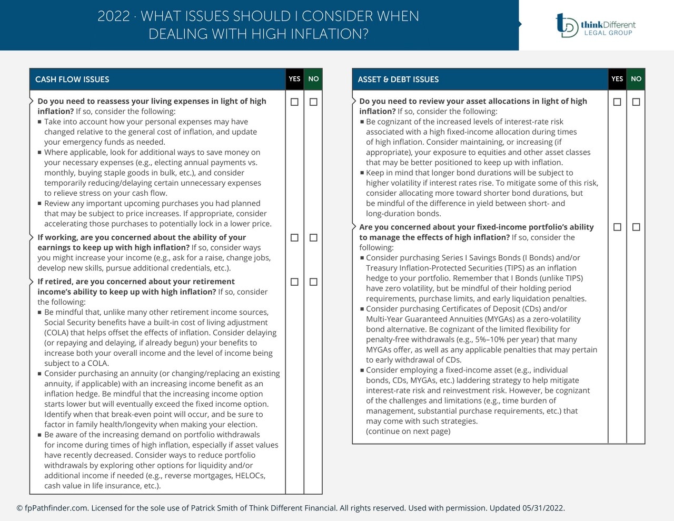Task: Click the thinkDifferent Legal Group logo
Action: pyautogui.click(x=596, y=25)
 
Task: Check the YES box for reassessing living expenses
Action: pyautogui.click(x=294, y=102)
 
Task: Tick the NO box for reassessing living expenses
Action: pyautogui.click(x=313, y=102)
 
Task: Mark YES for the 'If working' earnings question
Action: pyautogui.click(x=294, y=238)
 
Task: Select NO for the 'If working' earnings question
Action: pyautogui.click(x=313, y=238)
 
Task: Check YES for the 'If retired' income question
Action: pyautogui.click(x=294, y=282)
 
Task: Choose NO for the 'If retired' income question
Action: pyautogui.click(x=313, y=282)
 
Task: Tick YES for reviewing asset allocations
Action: pyautogui.click(x=617, y=102)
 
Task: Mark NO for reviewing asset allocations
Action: pyautogui.click(x=636, y=102)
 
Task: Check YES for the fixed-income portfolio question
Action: pyautogui.click(x=617, y=227)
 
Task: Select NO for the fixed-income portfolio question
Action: pyautogui.click(x=636, y=227)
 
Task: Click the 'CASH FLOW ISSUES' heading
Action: pyautogui.click(x=72, y=79)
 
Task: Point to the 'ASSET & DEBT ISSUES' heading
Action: pyautogui.click(x=398, y=79)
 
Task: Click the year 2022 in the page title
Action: pyautogui.click(x=113, y=16)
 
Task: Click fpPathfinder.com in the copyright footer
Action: pyautogui.click(x=56, y=508)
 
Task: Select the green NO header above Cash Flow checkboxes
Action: pyautogui.click(x=313, y=79)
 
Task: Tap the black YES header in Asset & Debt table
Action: pyautogui.click(x=617, y=79)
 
